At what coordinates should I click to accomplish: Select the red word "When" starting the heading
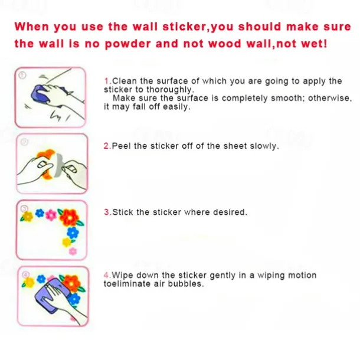pos(31,27)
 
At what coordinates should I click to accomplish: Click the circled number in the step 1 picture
pos(22,76)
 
